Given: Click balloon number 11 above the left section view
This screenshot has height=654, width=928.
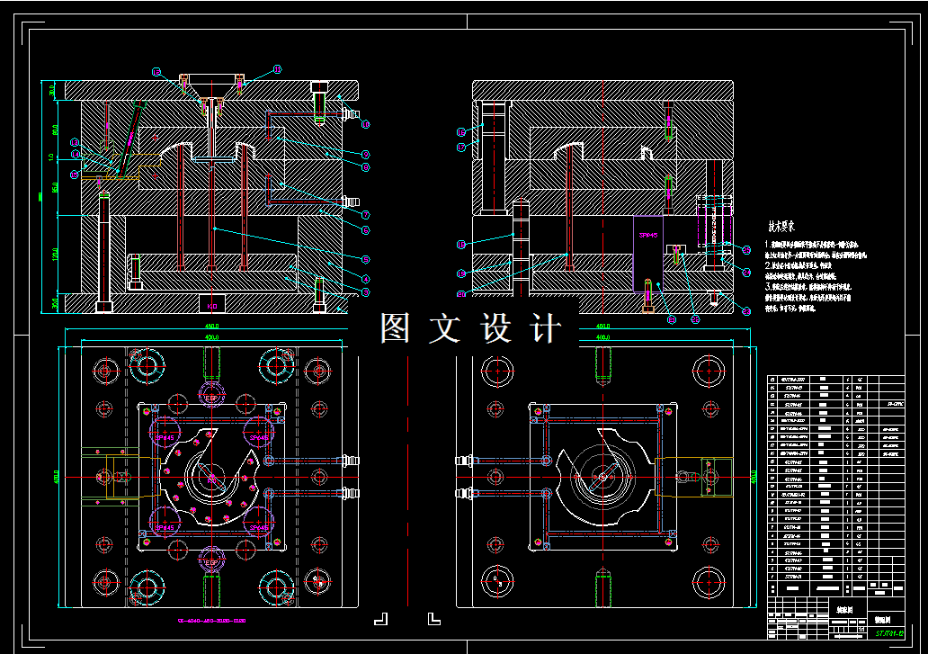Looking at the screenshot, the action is pos(277,69).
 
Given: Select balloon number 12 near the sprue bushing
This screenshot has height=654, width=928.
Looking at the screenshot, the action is pos(156,71).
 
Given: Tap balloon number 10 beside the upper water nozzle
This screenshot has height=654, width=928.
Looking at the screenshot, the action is pos(366,123).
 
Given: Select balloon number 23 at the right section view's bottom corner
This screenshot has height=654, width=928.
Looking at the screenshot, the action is pos(745,310).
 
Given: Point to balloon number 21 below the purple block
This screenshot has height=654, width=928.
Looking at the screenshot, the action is pos(671,318).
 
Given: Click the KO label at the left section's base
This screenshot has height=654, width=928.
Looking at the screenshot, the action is pos(212,303).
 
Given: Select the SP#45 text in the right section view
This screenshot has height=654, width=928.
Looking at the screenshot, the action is pos(647,235).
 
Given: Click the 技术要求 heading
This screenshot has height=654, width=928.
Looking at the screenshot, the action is pos(786,228).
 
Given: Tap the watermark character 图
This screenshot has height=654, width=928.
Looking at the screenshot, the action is pos(396,328).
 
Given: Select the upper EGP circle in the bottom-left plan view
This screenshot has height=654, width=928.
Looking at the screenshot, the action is pos(212,397).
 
